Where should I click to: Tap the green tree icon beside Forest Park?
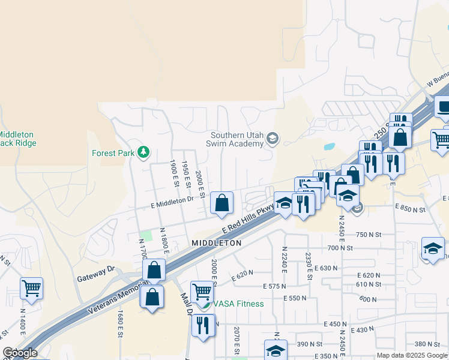coord(143,152)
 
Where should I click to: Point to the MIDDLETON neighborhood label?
coord(216,243)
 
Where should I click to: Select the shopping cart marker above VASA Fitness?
coord(202,292)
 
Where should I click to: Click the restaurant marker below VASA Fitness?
coord(203,326)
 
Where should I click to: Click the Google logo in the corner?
coord(20,353)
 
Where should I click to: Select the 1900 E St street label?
coord(174,170)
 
